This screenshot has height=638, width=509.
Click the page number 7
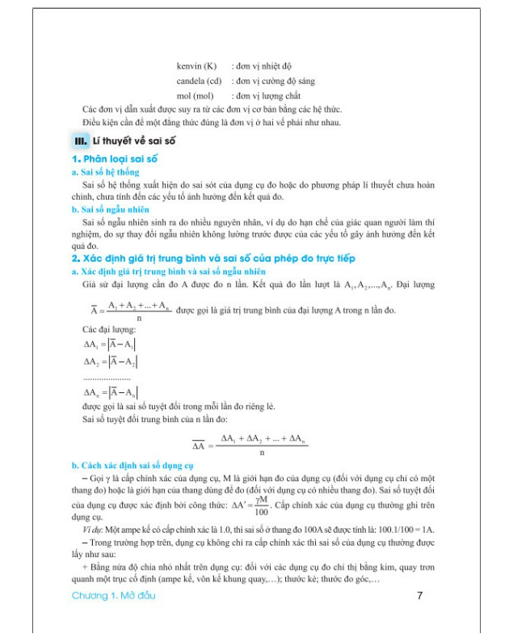point(419,596)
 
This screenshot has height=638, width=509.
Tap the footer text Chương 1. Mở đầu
point(112,596)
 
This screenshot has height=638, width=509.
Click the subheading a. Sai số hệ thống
point(105,172)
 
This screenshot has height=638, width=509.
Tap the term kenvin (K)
point(198,65)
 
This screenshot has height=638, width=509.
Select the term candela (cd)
point(200,81)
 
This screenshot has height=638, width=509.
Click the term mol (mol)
point(195,96)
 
